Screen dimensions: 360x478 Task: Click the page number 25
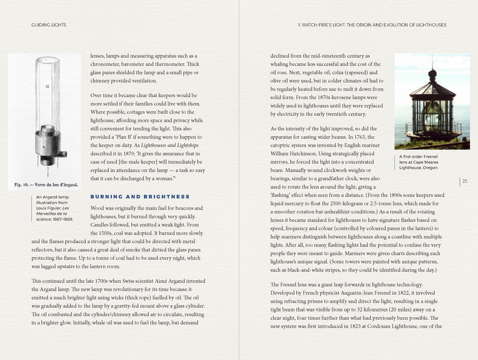(x=465, y=182)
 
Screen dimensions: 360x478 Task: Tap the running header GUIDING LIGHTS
(x=49, y=25)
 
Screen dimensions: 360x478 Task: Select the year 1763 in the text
(x=356, y=137)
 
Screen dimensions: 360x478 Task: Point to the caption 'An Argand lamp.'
(x=53, y=197)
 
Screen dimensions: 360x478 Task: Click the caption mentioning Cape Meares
(x=419, y=162)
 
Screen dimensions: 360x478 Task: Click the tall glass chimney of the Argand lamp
(x=47, y=92)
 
